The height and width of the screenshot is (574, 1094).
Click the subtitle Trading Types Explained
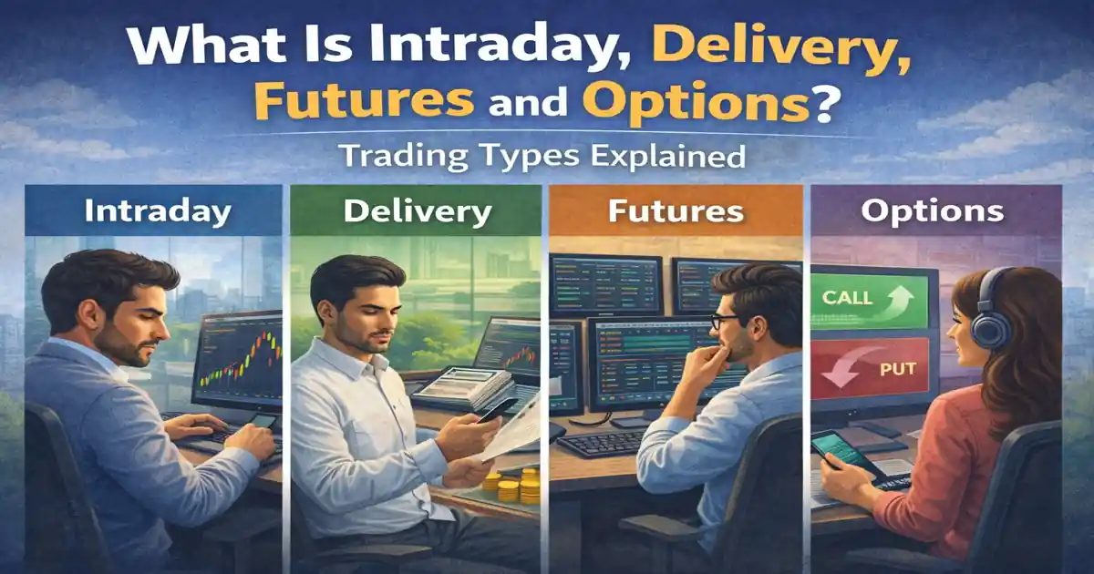pos(543,156)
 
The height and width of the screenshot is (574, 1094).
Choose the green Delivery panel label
pos(417,211)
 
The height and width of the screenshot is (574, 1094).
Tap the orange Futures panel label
pos(676,211)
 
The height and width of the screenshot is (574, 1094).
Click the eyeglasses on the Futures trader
pos(725,322)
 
